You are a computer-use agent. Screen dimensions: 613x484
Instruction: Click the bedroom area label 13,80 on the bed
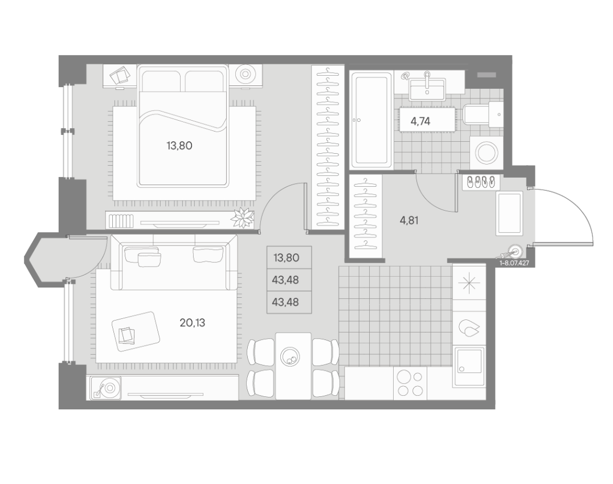(179, 146)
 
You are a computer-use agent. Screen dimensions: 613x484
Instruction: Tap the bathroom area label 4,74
(420, 121)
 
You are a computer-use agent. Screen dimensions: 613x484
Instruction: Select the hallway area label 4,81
(409, 221)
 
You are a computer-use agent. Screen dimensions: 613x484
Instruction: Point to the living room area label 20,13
(193, 323)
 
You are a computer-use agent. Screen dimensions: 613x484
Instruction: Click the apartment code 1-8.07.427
(514, 263)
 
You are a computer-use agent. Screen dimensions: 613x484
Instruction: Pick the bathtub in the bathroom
(371, 120)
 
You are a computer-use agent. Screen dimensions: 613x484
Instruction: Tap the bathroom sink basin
(427, 89)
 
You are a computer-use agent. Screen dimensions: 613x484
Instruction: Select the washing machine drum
(487, 153)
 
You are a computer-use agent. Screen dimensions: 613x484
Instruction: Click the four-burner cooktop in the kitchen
(410, 384)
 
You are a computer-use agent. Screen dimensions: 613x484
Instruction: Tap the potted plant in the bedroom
(243, 217)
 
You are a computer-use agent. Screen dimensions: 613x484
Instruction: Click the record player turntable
(105, 388)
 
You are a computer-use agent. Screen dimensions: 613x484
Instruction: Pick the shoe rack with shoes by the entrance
(481, 182)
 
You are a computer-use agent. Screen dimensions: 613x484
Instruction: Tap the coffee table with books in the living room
(136, 331)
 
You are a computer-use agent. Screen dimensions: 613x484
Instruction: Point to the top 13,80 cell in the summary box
(287, 258)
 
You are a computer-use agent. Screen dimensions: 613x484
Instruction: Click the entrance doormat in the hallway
(509, 214)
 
